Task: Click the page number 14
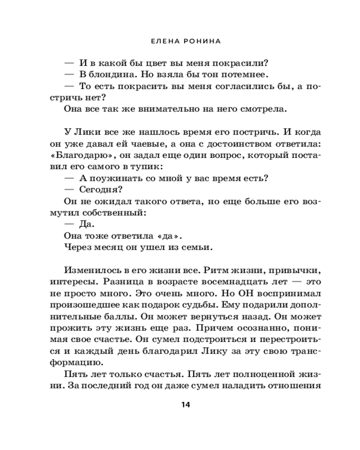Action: point(186,405)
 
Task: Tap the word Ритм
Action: point(218,271)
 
